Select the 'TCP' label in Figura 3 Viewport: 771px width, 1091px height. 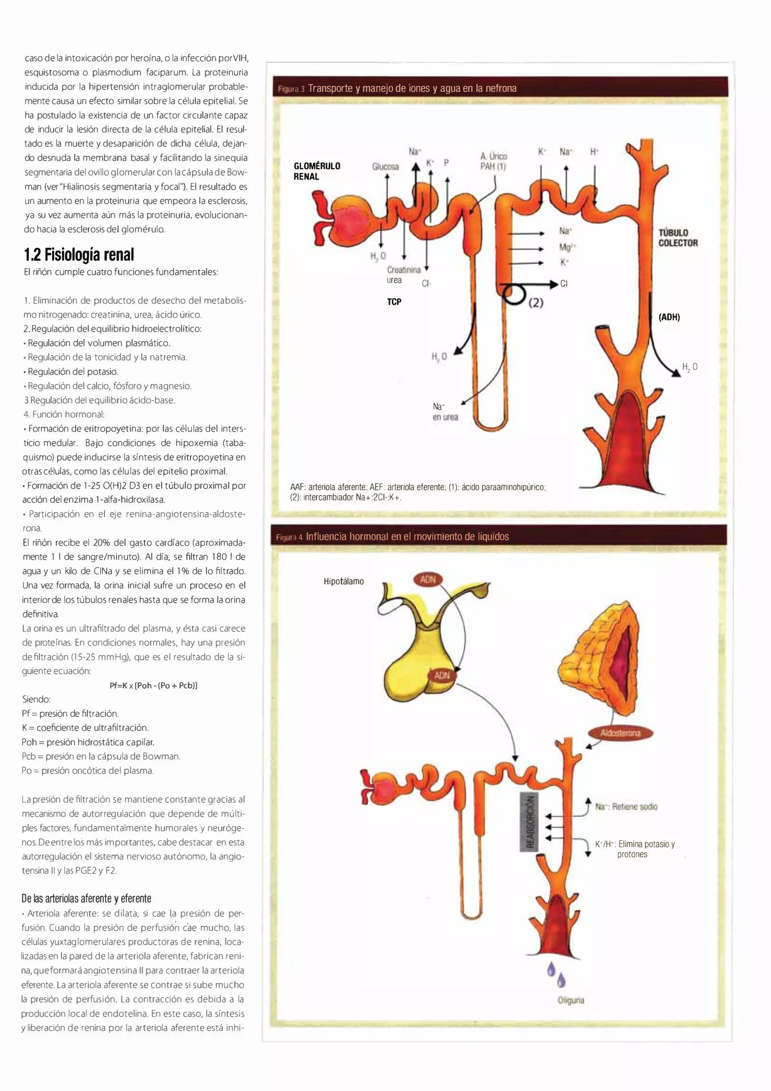click(x=394, y=302)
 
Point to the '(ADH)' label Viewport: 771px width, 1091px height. click(x=669, y=317)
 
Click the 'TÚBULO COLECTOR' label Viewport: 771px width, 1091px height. click(x=678, y=238)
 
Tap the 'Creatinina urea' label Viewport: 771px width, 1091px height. click(x=403, y=275)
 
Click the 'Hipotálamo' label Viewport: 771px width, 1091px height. click(x=343, y=581)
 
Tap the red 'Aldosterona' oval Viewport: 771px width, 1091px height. click(x=620, y=733)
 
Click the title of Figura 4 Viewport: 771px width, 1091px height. click(x=407, y=537)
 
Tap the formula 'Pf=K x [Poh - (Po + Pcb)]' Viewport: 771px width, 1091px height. click(x=154, y=685)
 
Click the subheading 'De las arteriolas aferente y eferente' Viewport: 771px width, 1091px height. click(x=87, y=899)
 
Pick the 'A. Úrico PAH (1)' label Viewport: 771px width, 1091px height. click(x=494, y=161)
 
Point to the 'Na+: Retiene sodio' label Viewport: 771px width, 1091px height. click(x=626, y=806)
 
